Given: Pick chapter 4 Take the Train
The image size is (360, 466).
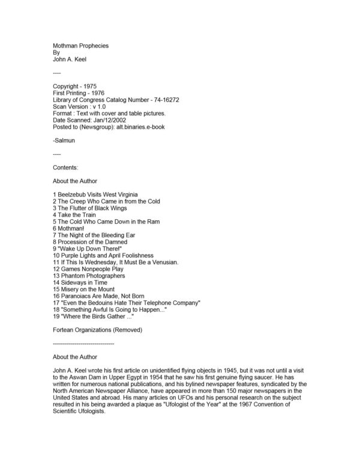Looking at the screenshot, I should click(74, 215).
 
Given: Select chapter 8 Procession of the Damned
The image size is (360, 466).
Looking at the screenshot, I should click(94, 243).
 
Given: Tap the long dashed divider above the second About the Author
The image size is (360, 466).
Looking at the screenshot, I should click(83, 344).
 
